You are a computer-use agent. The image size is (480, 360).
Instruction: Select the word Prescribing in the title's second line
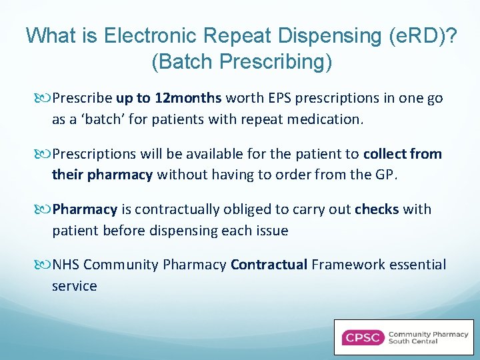[x=274, y=61]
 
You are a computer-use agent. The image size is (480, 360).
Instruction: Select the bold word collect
[x=387, y=154]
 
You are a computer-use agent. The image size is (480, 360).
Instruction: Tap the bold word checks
[x=377, y=209]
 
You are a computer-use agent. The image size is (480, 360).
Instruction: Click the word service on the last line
[x=74, y=286]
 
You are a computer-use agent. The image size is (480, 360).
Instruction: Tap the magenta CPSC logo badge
[x=363, y=337]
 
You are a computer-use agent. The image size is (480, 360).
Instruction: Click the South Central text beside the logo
[x=413, y=341]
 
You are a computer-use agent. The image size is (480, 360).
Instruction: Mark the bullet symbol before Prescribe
[x=45, y=99]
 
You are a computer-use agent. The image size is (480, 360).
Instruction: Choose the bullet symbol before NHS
[x=45, y=265]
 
